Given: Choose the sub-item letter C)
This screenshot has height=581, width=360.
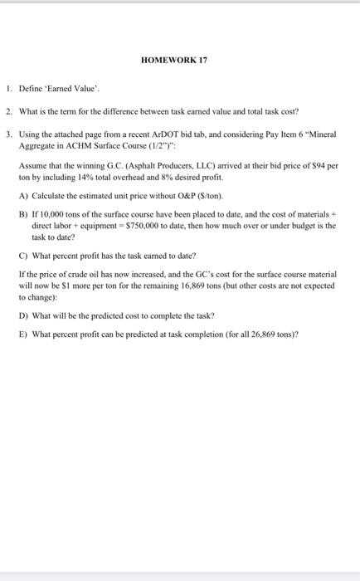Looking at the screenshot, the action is (23, 253).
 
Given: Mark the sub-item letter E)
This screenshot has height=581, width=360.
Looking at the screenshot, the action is (23, 334).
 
